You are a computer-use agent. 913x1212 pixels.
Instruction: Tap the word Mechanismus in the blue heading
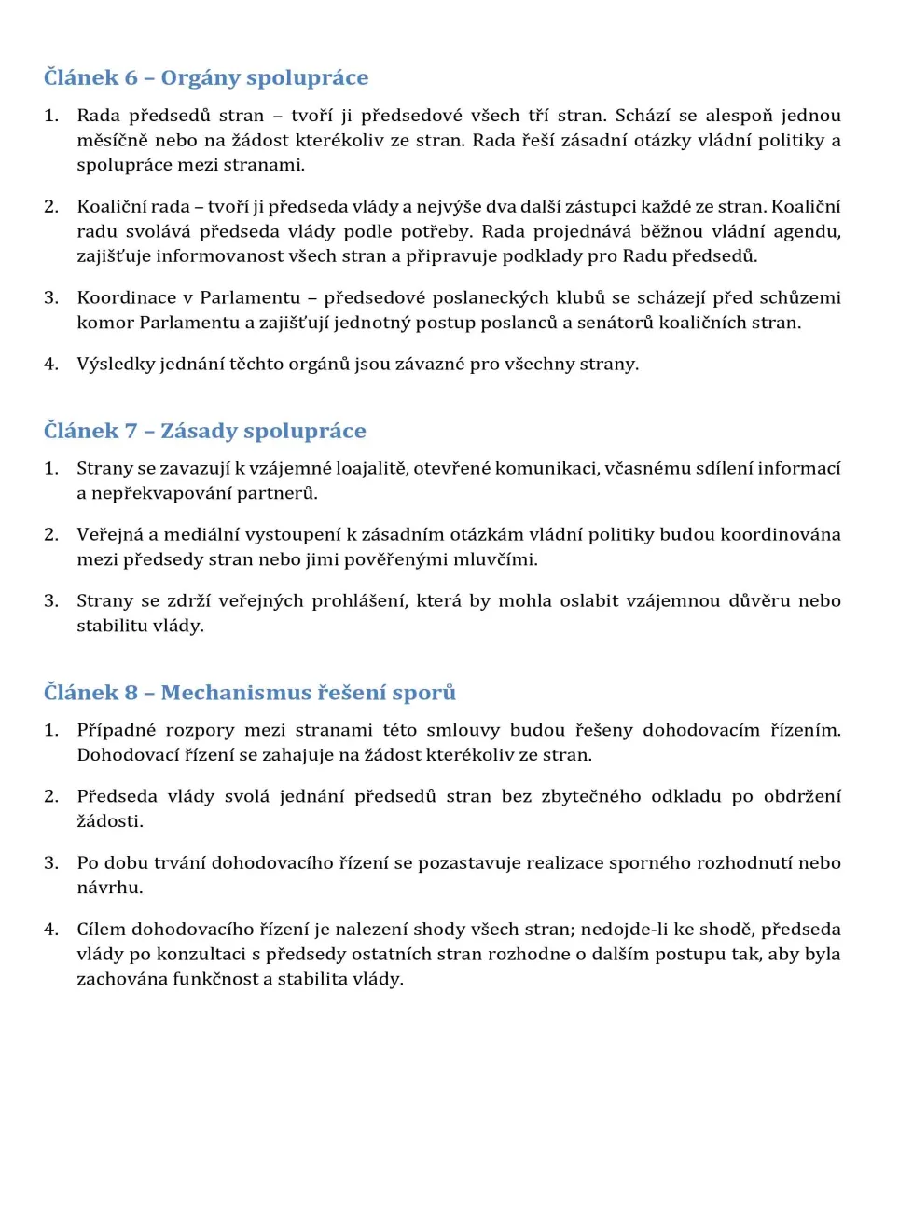[x=236, y=694]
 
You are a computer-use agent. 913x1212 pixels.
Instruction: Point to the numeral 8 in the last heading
[x=131, y=694]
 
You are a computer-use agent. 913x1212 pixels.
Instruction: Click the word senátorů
[x=608, y=324]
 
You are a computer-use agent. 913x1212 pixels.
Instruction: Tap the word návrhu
[x=109, y=888]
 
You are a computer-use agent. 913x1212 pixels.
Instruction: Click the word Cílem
[x=100, y=930]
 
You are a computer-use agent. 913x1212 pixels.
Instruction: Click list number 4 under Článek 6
[x=50, y=365]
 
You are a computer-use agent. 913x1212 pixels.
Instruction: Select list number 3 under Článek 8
[x=50, y=863]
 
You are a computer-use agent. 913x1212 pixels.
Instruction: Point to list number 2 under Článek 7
[x=50, y=535]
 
